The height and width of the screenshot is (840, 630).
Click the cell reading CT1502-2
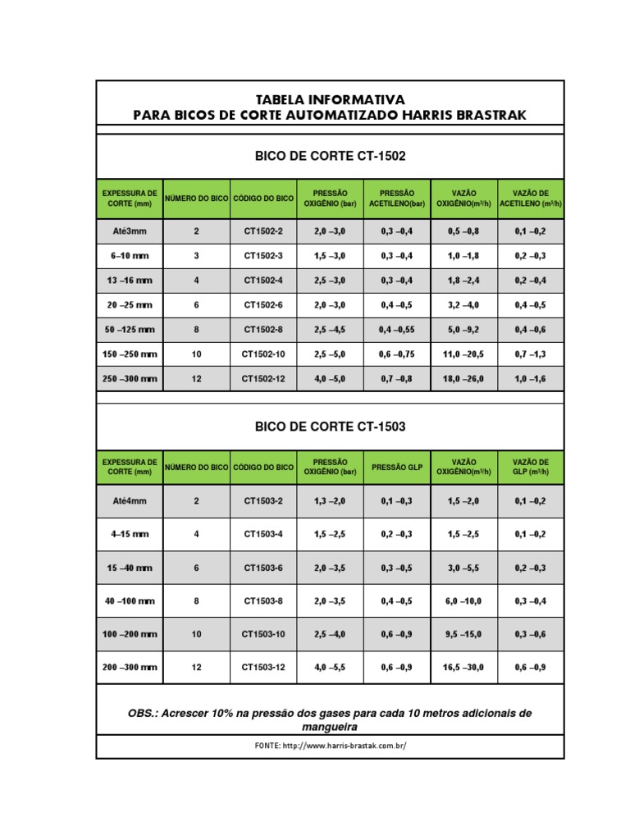[262, 231]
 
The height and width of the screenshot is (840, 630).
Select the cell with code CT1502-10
[262, 354]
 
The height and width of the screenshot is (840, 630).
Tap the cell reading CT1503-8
[262, 601]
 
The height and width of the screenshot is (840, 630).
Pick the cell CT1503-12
[262, 668]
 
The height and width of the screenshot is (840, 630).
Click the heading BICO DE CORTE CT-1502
[331, 155]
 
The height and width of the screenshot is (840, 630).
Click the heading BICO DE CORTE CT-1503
[331, 427]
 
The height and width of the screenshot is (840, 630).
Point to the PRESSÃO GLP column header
[397, 467]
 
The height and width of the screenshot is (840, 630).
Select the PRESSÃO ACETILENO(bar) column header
[397, 198]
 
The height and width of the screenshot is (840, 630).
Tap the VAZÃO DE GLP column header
[530, 467]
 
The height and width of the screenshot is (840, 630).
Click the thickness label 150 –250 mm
[130, 354]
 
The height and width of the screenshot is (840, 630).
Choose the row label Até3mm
[130, 231]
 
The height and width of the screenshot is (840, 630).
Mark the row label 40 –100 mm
[130, 601]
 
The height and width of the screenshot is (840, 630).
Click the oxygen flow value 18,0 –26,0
[463, 380]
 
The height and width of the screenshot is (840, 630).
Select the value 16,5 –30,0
[463, 668]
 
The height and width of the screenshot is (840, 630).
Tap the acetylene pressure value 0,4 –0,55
[397, 330]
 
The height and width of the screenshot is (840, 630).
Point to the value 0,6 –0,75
[397, 354]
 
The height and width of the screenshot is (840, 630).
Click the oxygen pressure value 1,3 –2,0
[330, 500]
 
